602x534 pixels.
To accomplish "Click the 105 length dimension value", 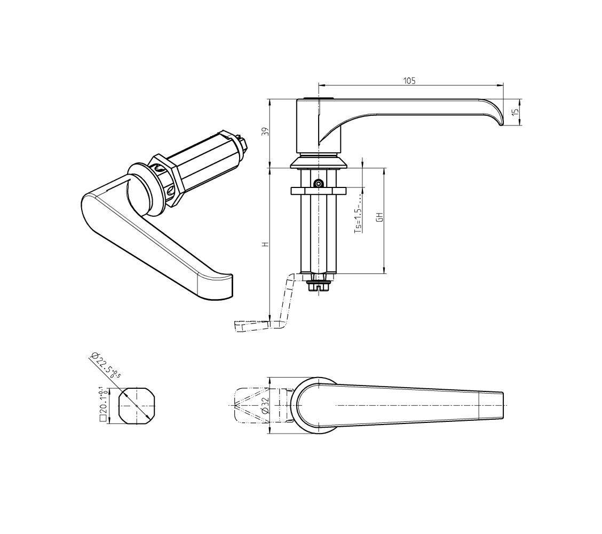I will coord(409,81).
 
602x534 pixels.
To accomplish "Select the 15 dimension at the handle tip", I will coord(514,113).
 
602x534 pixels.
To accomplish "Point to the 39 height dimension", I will coord(264,132).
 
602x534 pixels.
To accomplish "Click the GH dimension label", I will coord(379,217).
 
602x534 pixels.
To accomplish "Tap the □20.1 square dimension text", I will coord(101,405).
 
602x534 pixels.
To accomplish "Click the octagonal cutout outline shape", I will coord(137,406).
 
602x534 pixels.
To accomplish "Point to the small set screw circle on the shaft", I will coord(318,184).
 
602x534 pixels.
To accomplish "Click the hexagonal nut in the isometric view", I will coord(167,179).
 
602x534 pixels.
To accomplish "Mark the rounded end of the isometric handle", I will coord(216,286).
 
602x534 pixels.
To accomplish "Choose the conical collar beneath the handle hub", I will coord(319,162).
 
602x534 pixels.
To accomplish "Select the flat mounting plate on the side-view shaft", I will coord(319,191).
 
